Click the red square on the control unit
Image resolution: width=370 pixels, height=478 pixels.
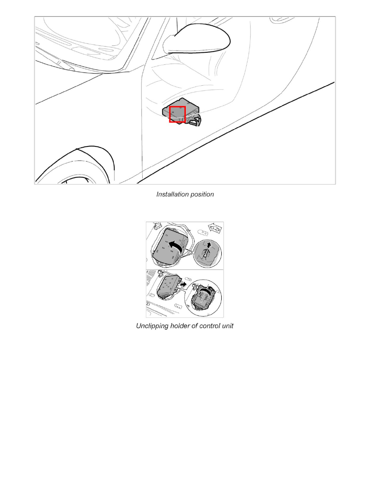(x=177, y=114)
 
